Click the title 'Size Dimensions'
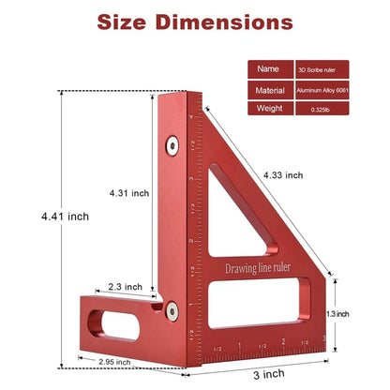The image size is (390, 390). pos(195,22)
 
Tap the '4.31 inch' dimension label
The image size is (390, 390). pos(128,193)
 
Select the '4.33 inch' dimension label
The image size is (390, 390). pos(284,174)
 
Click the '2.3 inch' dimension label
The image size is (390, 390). pos(125,287)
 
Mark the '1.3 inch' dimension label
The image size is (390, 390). pos(364,313)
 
